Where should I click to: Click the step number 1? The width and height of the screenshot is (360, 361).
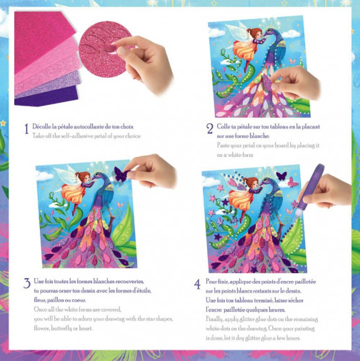[x=26, y=128]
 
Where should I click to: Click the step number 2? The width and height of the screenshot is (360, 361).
[x=209, y=129]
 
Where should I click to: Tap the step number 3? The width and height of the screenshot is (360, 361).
[x=27, y=283]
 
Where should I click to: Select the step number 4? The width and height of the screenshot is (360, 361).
[x=197, y=284]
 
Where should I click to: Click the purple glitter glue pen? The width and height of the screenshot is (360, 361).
[x=309, y=190]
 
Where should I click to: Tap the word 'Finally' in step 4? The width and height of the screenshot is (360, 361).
[x=214, y=320]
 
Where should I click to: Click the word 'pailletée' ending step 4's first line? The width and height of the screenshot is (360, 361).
[x=306, y=282]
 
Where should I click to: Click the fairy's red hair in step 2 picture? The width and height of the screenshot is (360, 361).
[x=256, y=32]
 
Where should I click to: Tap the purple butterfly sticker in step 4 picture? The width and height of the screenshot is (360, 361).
[x=281, y=176]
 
